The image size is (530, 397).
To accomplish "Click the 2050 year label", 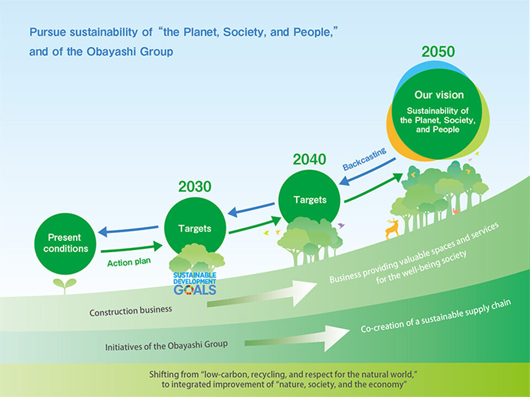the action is [438, 52].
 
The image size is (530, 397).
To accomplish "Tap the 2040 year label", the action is [309, 159].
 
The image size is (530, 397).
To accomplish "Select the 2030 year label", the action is [195, 186].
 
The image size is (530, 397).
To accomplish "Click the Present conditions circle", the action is [65, 244].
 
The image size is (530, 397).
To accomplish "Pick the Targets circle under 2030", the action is [195, 227].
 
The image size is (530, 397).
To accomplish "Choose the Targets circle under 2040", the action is [309, 200].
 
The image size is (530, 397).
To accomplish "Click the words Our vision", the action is [439, 95].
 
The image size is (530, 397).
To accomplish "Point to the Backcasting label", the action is [365, 159].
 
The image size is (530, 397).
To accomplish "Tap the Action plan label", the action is [129, 262].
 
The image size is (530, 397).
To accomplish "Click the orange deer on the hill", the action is [393, 229].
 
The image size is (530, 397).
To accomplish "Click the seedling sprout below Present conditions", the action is [65, 286].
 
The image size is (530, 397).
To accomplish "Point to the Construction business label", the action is [131, 311].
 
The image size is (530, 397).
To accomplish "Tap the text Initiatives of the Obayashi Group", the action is [167, 346].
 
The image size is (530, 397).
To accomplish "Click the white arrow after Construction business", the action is [262, 293].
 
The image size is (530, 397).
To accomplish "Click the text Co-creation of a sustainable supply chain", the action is [436, 316].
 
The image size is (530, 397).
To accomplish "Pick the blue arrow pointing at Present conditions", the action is [128, 230].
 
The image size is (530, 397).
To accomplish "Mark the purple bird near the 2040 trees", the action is [341, 225].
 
